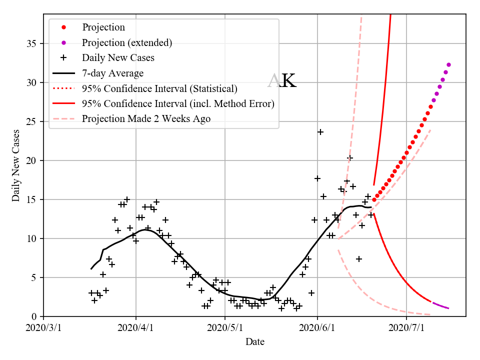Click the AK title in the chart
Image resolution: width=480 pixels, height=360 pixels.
pyautogui.click(x=282, y=81)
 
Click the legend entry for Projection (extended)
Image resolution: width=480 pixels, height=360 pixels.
pyautogui.click(x=127, y=42)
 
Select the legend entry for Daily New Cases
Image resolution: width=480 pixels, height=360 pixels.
pyautogui.click(x=118, y=57)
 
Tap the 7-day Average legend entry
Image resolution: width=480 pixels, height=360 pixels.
pyautogui.click(x=112, y=73)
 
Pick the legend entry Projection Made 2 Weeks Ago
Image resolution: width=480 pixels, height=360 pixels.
pyautogui.click(x=146, y=118)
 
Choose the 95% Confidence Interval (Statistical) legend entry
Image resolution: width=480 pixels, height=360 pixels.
pyautogui.click(x=159, y=88)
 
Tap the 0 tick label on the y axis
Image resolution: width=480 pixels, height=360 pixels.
pyautogui.click(x=35, y=316)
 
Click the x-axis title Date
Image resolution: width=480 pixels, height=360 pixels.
pyautogui.click(x=254, y=342)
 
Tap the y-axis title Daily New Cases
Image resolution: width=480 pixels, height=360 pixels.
pyautogui.click(x=16, y=165)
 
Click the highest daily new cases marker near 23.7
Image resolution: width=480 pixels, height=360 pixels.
pyautogui.click(x=320, y=132)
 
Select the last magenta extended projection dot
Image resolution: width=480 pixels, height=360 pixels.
pyautogui.click(x=448, y=64)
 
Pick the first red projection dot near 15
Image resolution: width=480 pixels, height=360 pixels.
pyautogui.click(x=374, y=199)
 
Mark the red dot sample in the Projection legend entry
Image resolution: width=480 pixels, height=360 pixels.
pyautogui.click(x=63, y=27)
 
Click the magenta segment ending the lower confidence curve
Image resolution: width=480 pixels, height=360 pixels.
pyautogui.click(x=440, y=305)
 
